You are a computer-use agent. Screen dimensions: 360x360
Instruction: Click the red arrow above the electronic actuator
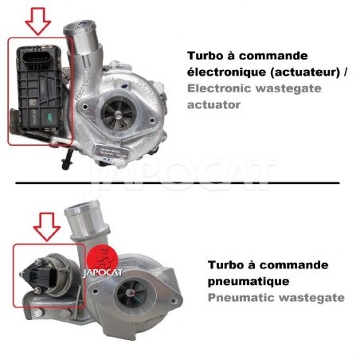37,22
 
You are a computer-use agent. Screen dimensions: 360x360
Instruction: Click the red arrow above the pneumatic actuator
47,226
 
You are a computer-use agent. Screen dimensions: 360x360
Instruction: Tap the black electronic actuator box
39,88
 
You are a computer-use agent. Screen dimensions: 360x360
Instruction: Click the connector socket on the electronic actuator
36,57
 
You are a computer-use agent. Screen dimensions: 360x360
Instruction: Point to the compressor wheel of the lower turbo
132,293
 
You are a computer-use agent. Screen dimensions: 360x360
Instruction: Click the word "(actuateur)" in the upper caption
305,72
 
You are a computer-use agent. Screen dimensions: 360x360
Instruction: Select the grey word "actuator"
213,105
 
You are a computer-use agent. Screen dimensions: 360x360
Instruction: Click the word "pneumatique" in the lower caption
248,281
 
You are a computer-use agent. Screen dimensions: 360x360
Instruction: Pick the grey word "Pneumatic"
241,297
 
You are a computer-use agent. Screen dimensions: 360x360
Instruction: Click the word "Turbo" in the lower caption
226,265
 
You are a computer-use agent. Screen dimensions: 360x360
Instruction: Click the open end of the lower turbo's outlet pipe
82,208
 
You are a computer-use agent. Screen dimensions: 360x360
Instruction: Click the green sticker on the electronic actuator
49,116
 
